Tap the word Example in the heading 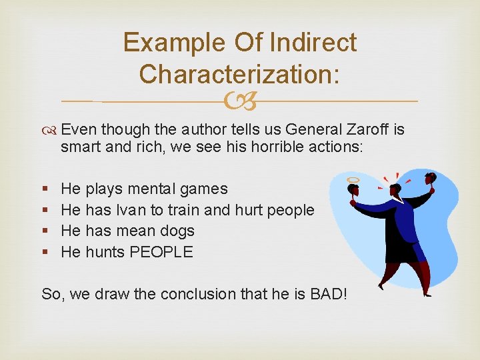[x=174, y=43]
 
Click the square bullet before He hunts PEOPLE [x=45, y=252]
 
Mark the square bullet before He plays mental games [x=45, y=189]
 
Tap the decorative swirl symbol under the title [x=241, y=101]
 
